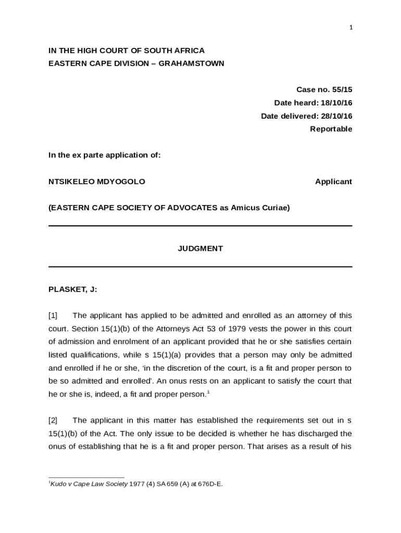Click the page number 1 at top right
point(351,28)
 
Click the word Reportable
point(331,129)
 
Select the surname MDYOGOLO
point(121,182)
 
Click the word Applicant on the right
point(333,182)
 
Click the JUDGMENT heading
point(200,248)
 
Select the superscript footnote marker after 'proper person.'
point(208,391)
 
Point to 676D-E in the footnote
point(209,484)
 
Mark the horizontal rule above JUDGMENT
point(200,226)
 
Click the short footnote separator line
point(86,477)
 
